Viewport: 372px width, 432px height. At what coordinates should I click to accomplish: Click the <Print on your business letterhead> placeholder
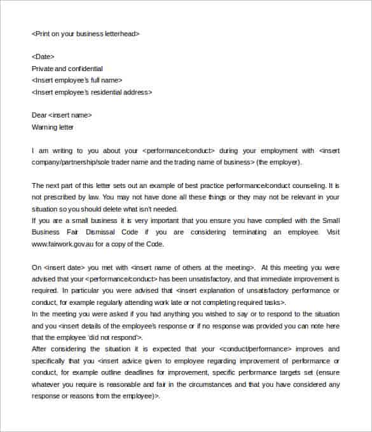(x=85, y=34)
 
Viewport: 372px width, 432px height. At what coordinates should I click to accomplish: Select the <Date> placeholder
(x=43, y=57)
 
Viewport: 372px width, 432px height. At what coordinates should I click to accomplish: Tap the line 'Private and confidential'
(x=67, y=69)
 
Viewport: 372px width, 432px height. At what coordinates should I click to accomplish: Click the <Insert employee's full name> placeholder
(x=76, y=80)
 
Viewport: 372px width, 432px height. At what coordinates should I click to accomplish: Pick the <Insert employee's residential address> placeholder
(x=92, y=92)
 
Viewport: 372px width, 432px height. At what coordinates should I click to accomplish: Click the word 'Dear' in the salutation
(x=39, y=115)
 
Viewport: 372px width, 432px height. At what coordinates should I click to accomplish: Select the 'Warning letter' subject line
(x=52, y=127)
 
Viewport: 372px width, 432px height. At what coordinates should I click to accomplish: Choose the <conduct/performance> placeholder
(x=255, y=349)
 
